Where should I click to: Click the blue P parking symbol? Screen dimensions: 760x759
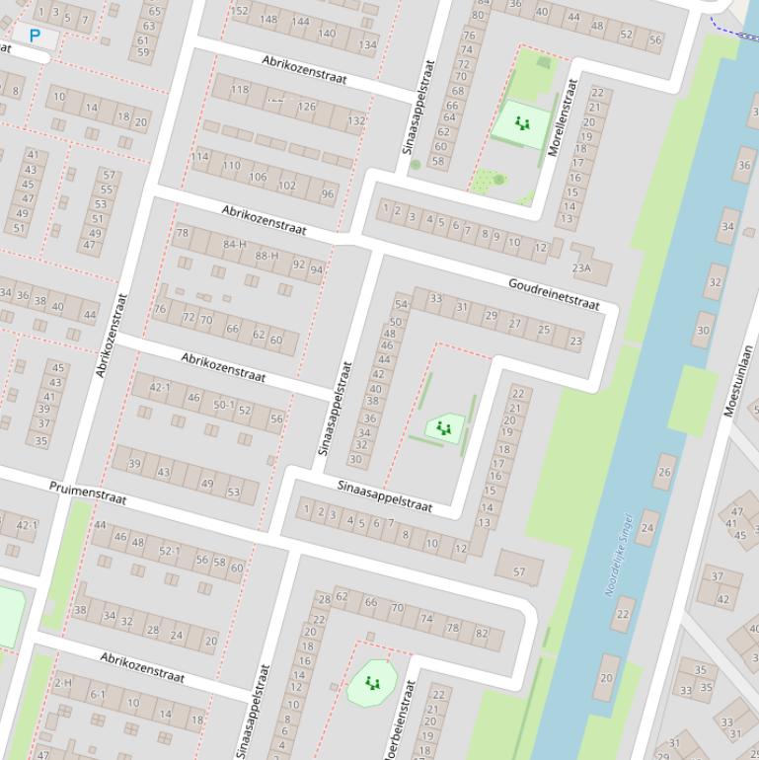[x=36, y=37]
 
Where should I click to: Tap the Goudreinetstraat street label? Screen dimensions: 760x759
[x=554, y=294]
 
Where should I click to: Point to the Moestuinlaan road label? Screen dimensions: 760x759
[x=739, y=381]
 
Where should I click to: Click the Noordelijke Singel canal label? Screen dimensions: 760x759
[x=618, y=554]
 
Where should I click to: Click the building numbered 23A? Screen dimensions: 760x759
[x=581, y=267]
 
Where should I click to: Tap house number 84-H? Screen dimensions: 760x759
[x=235, y=244]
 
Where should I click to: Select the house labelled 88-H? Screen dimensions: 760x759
[x=266, y=256]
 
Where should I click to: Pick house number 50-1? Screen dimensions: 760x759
[x=224, y=405]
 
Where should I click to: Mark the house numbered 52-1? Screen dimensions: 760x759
[x=170, y=551]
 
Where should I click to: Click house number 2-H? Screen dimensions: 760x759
[x=63, y=683]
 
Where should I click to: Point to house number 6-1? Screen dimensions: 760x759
[x=98, y=695]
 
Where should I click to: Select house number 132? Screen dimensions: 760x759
[x=355, y=120]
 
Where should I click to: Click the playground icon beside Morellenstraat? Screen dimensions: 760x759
[x=522, y=124]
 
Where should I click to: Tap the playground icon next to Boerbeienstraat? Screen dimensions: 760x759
[x=372, y=682]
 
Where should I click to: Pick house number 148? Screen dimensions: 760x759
[x=268, y=19]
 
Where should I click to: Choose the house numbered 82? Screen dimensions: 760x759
[x=482, y=634]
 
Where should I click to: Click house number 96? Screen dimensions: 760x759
[x=328, y=194]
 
